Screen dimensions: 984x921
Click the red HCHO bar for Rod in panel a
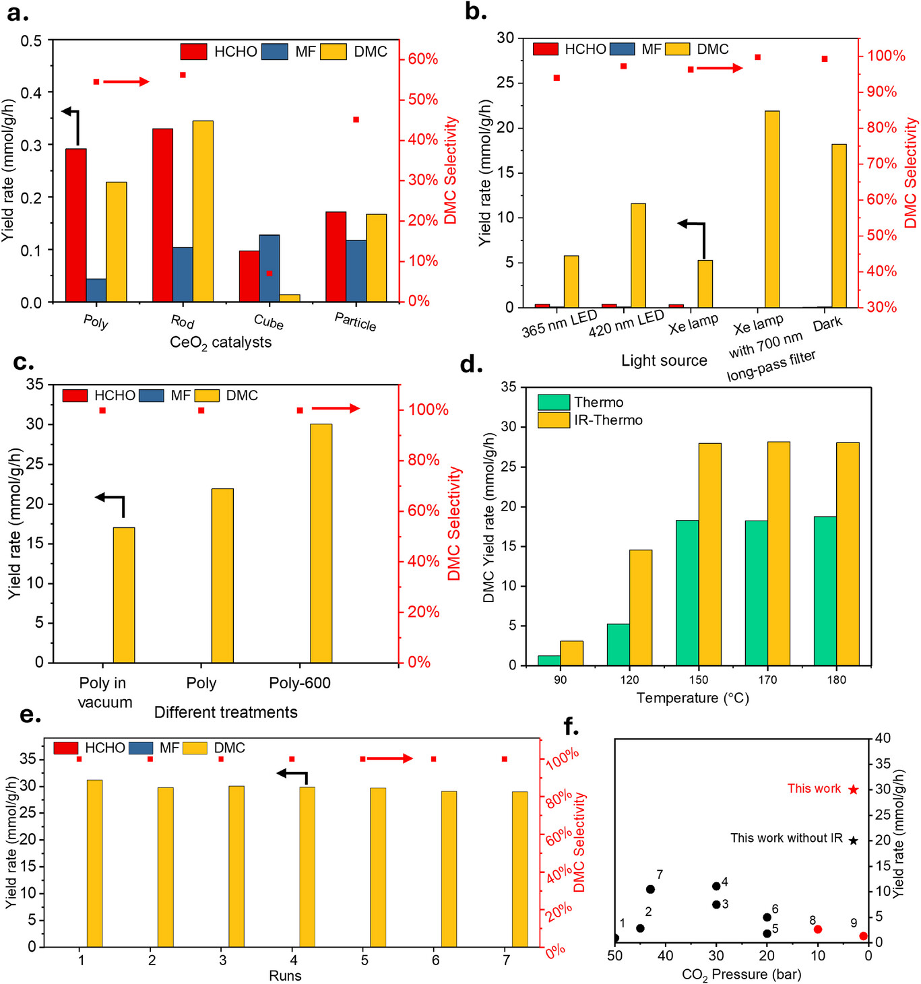coord(162,215)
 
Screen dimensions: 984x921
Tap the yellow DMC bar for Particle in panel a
coord(377,258)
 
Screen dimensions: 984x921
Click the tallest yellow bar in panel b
coord(771,209)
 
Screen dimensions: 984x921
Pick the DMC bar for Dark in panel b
coord(839,226)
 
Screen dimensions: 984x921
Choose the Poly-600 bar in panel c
coord(321,543)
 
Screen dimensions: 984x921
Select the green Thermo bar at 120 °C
coord(618,645)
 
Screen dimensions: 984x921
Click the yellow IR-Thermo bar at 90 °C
coord(571,653)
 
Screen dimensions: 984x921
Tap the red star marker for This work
coord(854,789)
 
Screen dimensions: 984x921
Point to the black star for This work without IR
coord(854,841)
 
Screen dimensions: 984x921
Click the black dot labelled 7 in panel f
coord(650,889)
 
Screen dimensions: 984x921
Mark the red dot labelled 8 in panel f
coord(818,929)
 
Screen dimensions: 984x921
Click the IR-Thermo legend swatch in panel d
coord(554,420)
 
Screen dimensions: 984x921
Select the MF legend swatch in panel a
coord(275,52)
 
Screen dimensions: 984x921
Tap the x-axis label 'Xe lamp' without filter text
coord(693,325)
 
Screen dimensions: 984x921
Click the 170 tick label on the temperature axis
coord(767,680)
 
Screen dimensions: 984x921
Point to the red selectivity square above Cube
coord(269,273)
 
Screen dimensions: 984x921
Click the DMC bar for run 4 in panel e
coord(307,866)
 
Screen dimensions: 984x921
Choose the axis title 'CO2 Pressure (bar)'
coord(741,975)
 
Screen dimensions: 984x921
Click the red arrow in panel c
coord(336,408)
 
